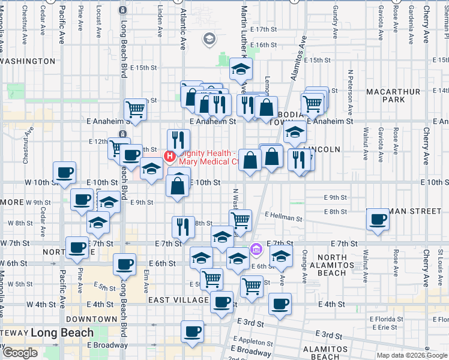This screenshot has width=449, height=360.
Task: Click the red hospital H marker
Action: tap(169, 157)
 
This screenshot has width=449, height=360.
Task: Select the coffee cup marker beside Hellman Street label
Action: tap(378, 219)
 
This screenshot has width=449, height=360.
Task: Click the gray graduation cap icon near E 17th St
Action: tap(209, 40)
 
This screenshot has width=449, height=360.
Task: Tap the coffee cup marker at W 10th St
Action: tap(65, 173)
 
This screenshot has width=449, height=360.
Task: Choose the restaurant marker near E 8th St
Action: tap(183, 226)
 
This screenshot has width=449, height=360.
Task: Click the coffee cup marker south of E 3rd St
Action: tap(193, 331)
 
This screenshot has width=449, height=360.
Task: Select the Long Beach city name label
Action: tap(62, 332)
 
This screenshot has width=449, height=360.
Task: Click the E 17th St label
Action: tap(269, 29)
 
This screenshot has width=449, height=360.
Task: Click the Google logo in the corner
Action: tap(20, 352)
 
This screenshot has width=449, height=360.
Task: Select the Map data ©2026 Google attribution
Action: tap(412, 355)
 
